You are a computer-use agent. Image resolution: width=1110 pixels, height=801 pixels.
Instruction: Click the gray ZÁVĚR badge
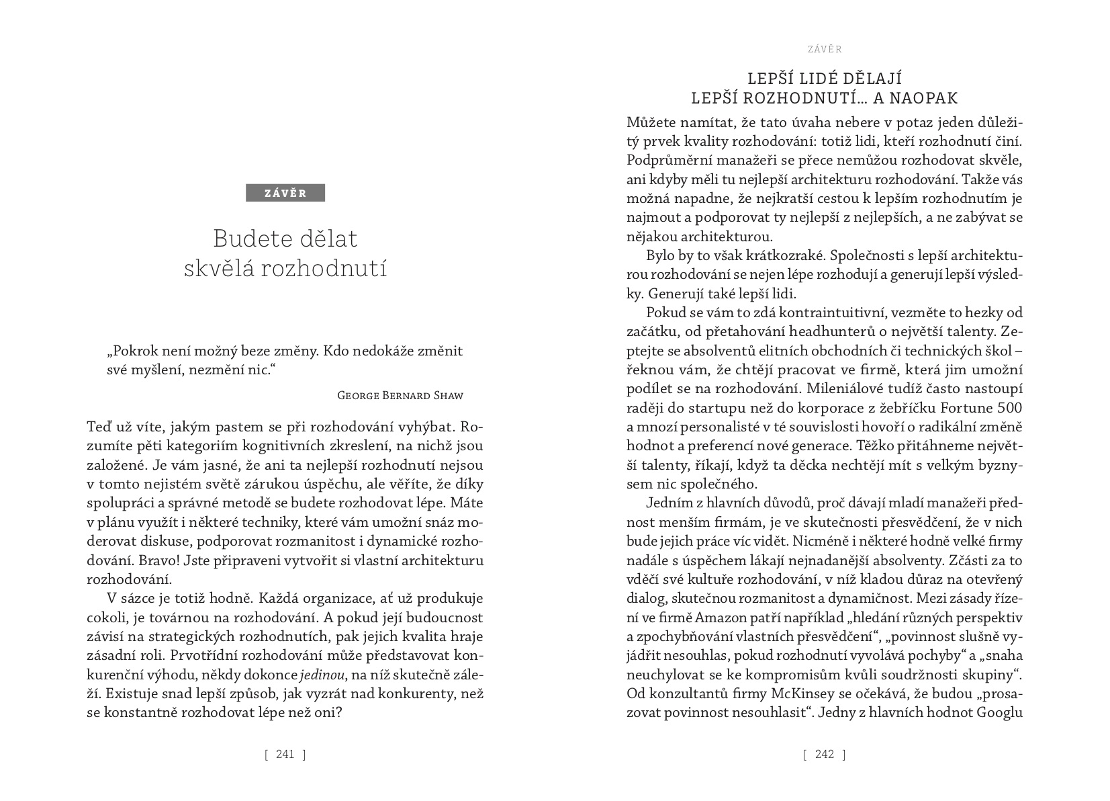(285, 193)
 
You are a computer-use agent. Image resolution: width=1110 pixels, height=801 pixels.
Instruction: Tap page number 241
(285, 754)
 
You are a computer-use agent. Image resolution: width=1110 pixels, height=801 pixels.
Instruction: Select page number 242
(824, 754)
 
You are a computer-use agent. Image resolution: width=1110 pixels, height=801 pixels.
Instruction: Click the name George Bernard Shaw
(400, 395)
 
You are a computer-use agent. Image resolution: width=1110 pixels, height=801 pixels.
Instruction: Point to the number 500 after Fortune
(1009, 407)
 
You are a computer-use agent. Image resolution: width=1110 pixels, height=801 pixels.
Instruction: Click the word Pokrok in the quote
(134, 351)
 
